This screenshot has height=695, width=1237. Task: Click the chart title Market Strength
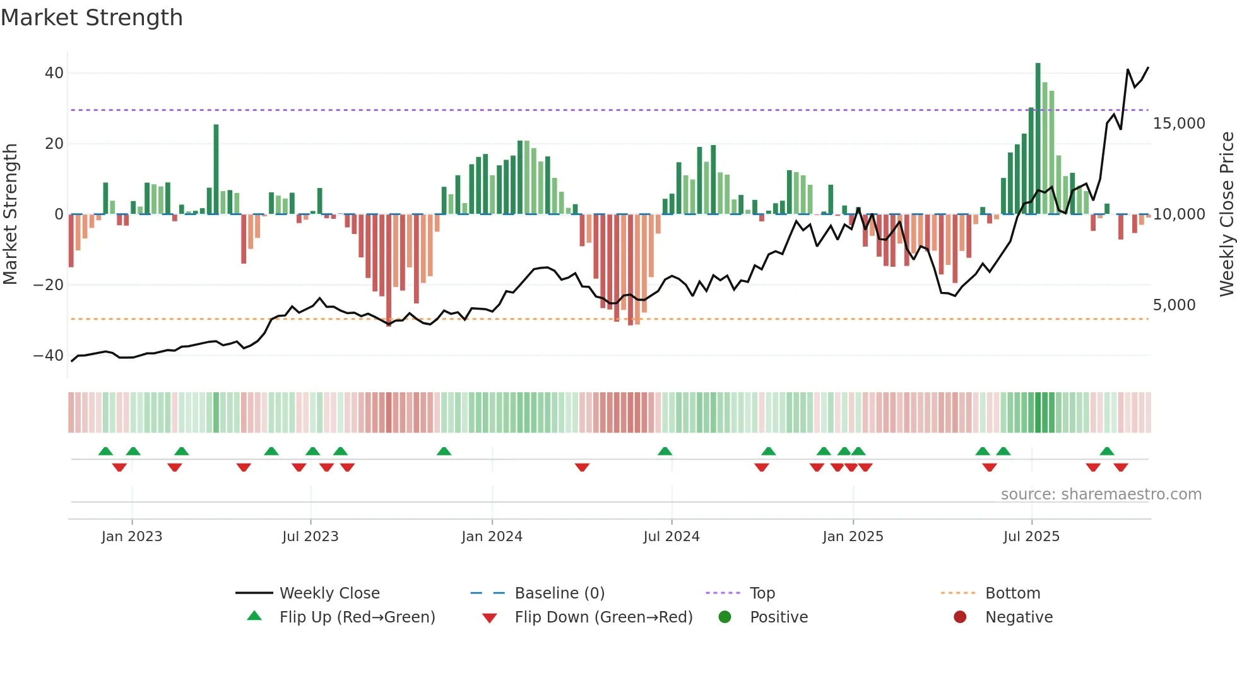click(92, 18)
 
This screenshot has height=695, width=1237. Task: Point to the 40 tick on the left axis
click(54, 73)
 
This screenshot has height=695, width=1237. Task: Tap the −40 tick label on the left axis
click(49, 356)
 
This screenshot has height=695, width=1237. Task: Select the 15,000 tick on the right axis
click(1178, 124)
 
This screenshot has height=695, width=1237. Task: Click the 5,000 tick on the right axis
click(1174, 305)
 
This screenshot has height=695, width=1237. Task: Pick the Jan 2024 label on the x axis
click(492, 537)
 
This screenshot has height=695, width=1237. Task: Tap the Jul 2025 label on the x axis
click(1031, 537)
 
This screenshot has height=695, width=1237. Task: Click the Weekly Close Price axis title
click(1226, 214)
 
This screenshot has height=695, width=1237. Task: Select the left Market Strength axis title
click(10, 214)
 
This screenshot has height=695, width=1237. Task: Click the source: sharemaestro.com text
click(1101, 494)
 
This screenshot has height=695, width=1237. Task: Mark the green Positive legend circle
click(725, 617)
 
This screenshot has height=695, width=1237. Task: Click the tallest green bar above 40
click(1038, 139)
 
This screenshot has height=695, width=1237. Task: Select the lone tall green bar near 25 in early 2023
click(216, 169)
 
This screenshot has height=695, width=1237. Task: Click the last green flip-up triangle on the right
click(1106, 452)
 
